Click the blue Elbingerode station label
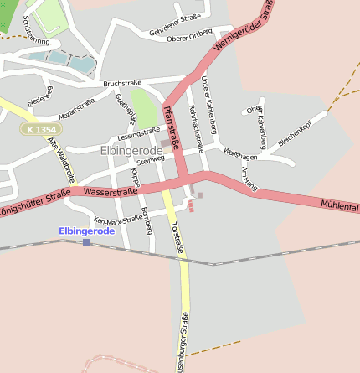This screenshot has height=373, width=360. [86, 231]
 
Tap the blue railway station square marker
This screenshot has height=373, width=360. [86, 242]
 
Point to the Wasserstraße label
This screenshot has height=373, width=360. [111, 191]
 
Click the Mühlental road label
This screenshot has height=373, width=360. [339, 205]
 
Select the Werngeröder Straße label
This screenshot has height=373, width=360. [244, 28]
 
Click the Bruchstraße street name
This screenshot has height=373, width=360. [121, 84]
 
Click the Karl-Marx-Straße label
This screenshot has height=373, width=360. [118, 219]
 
